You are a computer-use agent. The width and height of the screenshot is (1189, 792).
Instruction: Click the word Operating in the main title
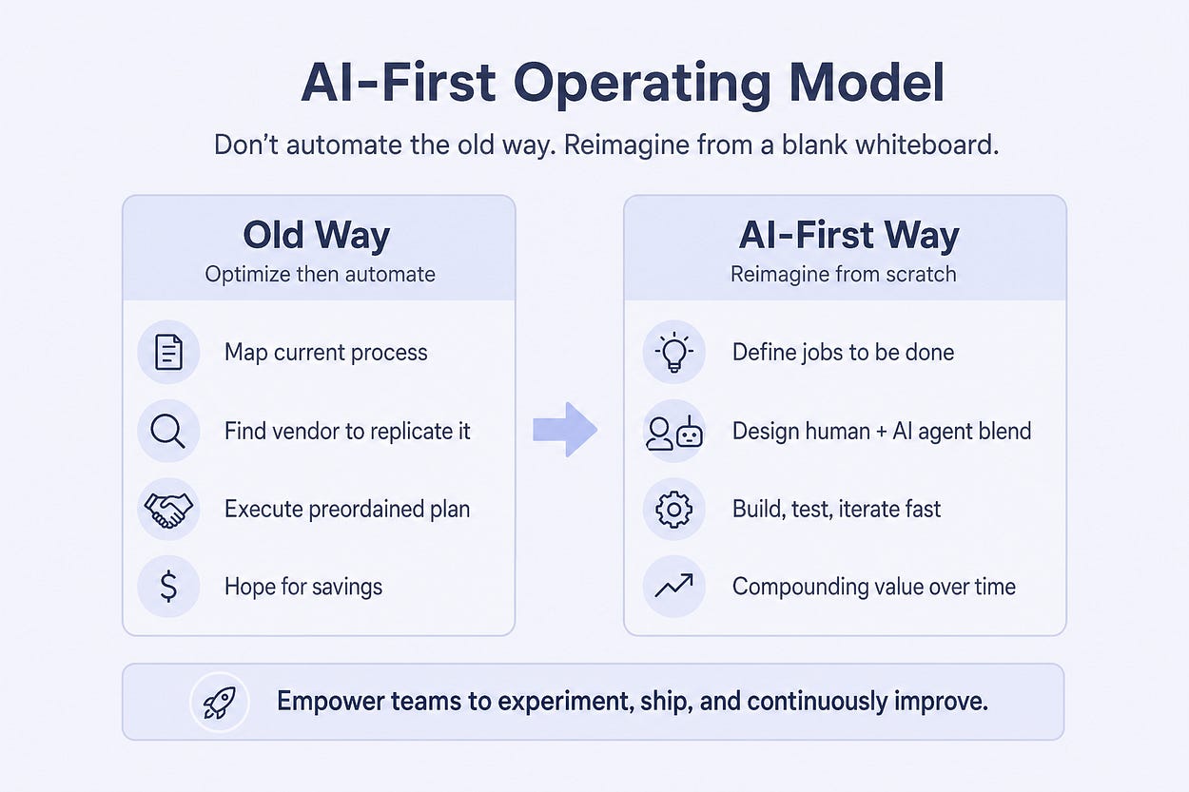click(642, 85)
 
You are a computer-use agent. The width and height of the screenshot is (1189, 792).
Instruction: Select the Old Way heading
click(317, 235)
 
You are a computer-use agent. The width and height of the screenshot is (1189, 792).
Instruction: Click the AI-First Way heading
click(849, 235)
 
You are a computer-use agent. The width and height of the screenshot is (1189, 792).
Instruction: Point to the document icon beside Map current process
click(168, 352)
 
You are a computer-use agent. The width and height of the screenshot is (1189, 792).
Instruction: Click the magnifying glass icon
click(167, 431)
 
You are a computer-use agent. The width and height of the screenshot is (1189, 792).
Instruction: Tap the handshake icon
click(168, 510)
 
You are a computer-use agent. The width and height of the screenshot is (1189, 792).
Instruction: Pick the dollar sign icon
click(168, 587)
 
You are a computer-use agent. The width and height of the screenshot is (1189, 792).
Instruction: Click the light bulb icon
click(673, 352)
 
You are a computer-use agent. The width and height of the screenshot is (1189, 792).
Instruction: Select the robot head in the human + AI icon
click(690, 433)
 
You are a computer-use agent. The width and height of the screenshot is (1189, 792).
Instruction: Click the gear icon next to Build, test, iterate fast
click(674, 510)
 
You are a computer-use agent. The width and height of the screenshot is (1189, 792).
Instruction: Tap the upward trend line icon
click(674, 586)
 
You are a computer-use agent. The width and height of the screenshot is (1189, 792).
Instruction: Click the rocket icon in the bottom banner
click(219, 703)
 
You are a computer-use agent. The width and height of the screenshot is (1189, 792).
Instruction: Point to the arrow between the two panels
click(565, 429)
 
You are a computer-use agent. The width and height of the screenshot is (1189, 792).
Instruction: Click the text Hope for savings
click(303, 587)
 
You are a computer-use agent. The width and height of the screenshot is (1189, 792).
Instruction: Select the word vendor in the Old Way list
click(304, 432)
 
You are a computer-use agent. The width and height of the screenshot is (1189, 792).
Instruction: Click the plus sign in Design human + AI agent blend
click(881, 432)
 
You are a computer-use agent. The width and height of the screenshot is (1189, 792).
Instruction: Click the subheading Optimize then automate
click(320, 275)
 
